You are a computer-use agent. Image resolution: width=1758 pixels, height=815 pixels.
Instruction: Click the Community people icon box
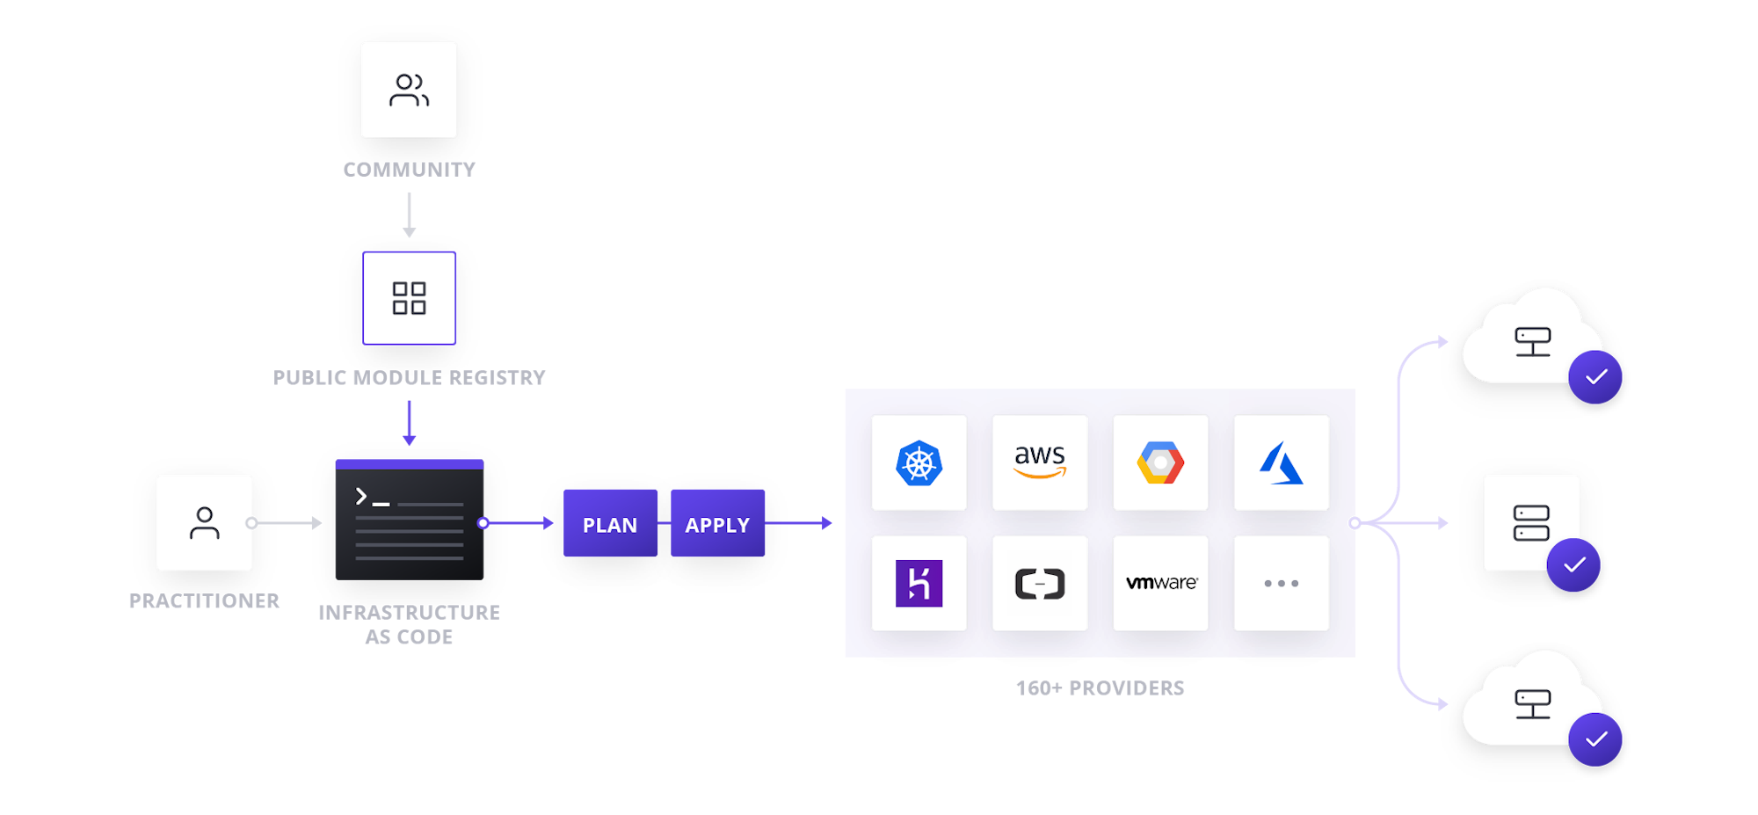tap(410, 91)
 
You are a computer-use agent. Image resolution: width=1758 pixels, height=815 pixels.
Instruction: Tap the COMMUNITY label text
tap(410, 170)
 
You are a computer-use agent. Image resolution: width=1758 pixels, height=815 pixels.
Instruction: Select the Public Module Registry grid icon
tap(410, 298)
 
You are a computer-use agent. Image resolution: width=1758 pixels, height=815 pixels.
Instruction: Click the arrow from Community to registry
tap(409, 215)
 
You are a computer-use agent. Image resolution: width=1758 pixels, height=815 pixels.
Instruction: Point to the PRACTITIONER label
tap(204, 601)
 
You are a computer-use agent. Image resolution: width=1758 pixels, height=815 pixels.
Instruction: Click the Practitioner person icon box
tap(205, 523)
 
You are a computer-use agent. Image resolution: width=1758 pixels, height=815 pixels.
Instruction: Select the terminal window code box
tap(410, 520)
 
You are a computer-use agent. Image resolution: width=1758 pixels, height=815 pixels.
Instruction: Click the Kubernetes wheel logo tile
tap(919, 462)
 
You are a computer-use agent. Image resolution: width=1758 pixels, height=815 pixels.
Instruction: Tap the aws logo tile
tap(1040, 462)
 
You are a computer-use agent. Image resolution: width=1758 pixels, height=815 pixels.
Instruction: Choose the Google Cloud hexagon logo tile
tap(1160, 462)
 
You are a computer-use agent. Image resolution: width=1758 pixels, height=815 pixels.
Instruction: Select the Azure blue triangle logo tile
tap(1282, 462)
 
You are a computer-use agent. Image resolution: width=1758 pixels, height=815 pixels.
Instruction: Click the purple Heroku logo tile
tap(919, 584)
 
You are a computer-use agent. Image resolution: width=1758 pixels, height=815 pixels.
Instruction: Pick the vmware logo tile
tap(1160, 584)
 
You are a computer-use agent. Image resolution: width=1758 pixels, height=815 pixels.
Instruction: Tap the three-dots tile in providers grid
tap(1282, 584)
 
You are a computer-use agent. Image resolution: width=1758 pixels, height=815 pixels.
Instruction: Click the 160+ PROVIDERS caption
tap(1101, 688)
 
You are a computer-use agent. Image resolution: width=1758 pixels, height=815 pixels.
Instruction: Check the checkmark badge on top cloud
tap(1595, 377)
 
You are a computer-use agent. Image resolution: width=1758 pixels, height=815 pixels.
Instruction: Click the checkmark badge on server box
tap(1573, 564)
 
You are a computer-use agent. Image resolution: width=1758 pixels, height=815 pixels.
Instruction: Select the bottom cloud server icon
tap(1532, 704)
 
